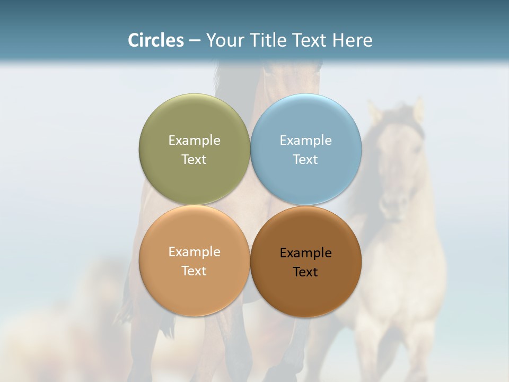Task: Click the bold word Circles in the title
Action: point(155,40)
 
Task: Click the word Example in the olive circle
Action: point(194,140)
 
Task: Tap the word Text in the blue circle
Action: point(305,159)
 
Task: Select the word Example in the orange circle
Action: point(194,251)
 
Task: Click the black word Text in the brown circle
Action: point(305,272)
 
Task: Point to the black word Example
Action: point(305,253)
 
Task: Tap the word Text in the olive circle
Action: point(194,159)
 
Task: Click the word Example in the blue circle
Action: point(305,140)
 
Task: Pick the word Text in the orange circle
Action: point(194,271)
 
